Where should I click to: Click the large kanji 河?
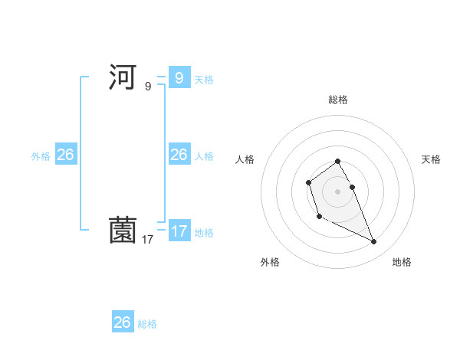(123, 77)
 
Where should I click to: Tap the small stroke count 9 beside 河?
(148, 87)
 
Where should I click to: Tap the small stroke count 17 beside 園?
(148, 240)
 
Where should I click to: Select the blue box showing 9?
(179, 77)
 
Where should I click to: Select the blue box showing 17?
(179, 231)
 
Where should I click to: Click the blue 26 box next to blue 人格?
(179, 154)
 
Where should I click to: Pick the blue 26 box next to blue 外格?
(65, 154)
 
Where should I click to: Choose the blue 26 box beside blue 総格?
(123, 322)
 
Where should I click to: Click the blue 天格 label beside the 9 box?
(204, 79)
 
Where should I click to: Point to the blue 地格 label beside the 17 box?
(204, 232)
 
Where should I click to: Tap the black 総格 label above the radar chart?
(338, 100)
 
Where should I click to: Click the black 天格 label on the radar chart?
(431, 159)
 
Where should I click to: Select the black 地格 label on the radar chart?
(402, 262)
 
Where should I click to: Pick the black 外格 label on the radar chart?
(270, 262)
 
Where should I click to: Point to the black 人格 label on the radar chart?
(245, 159)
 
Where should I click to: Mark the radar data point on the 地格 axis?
(374, 242)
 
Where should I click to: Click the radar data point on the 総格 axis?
(338, 162)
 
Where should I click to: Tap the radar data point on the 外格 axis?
(319, 218)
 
